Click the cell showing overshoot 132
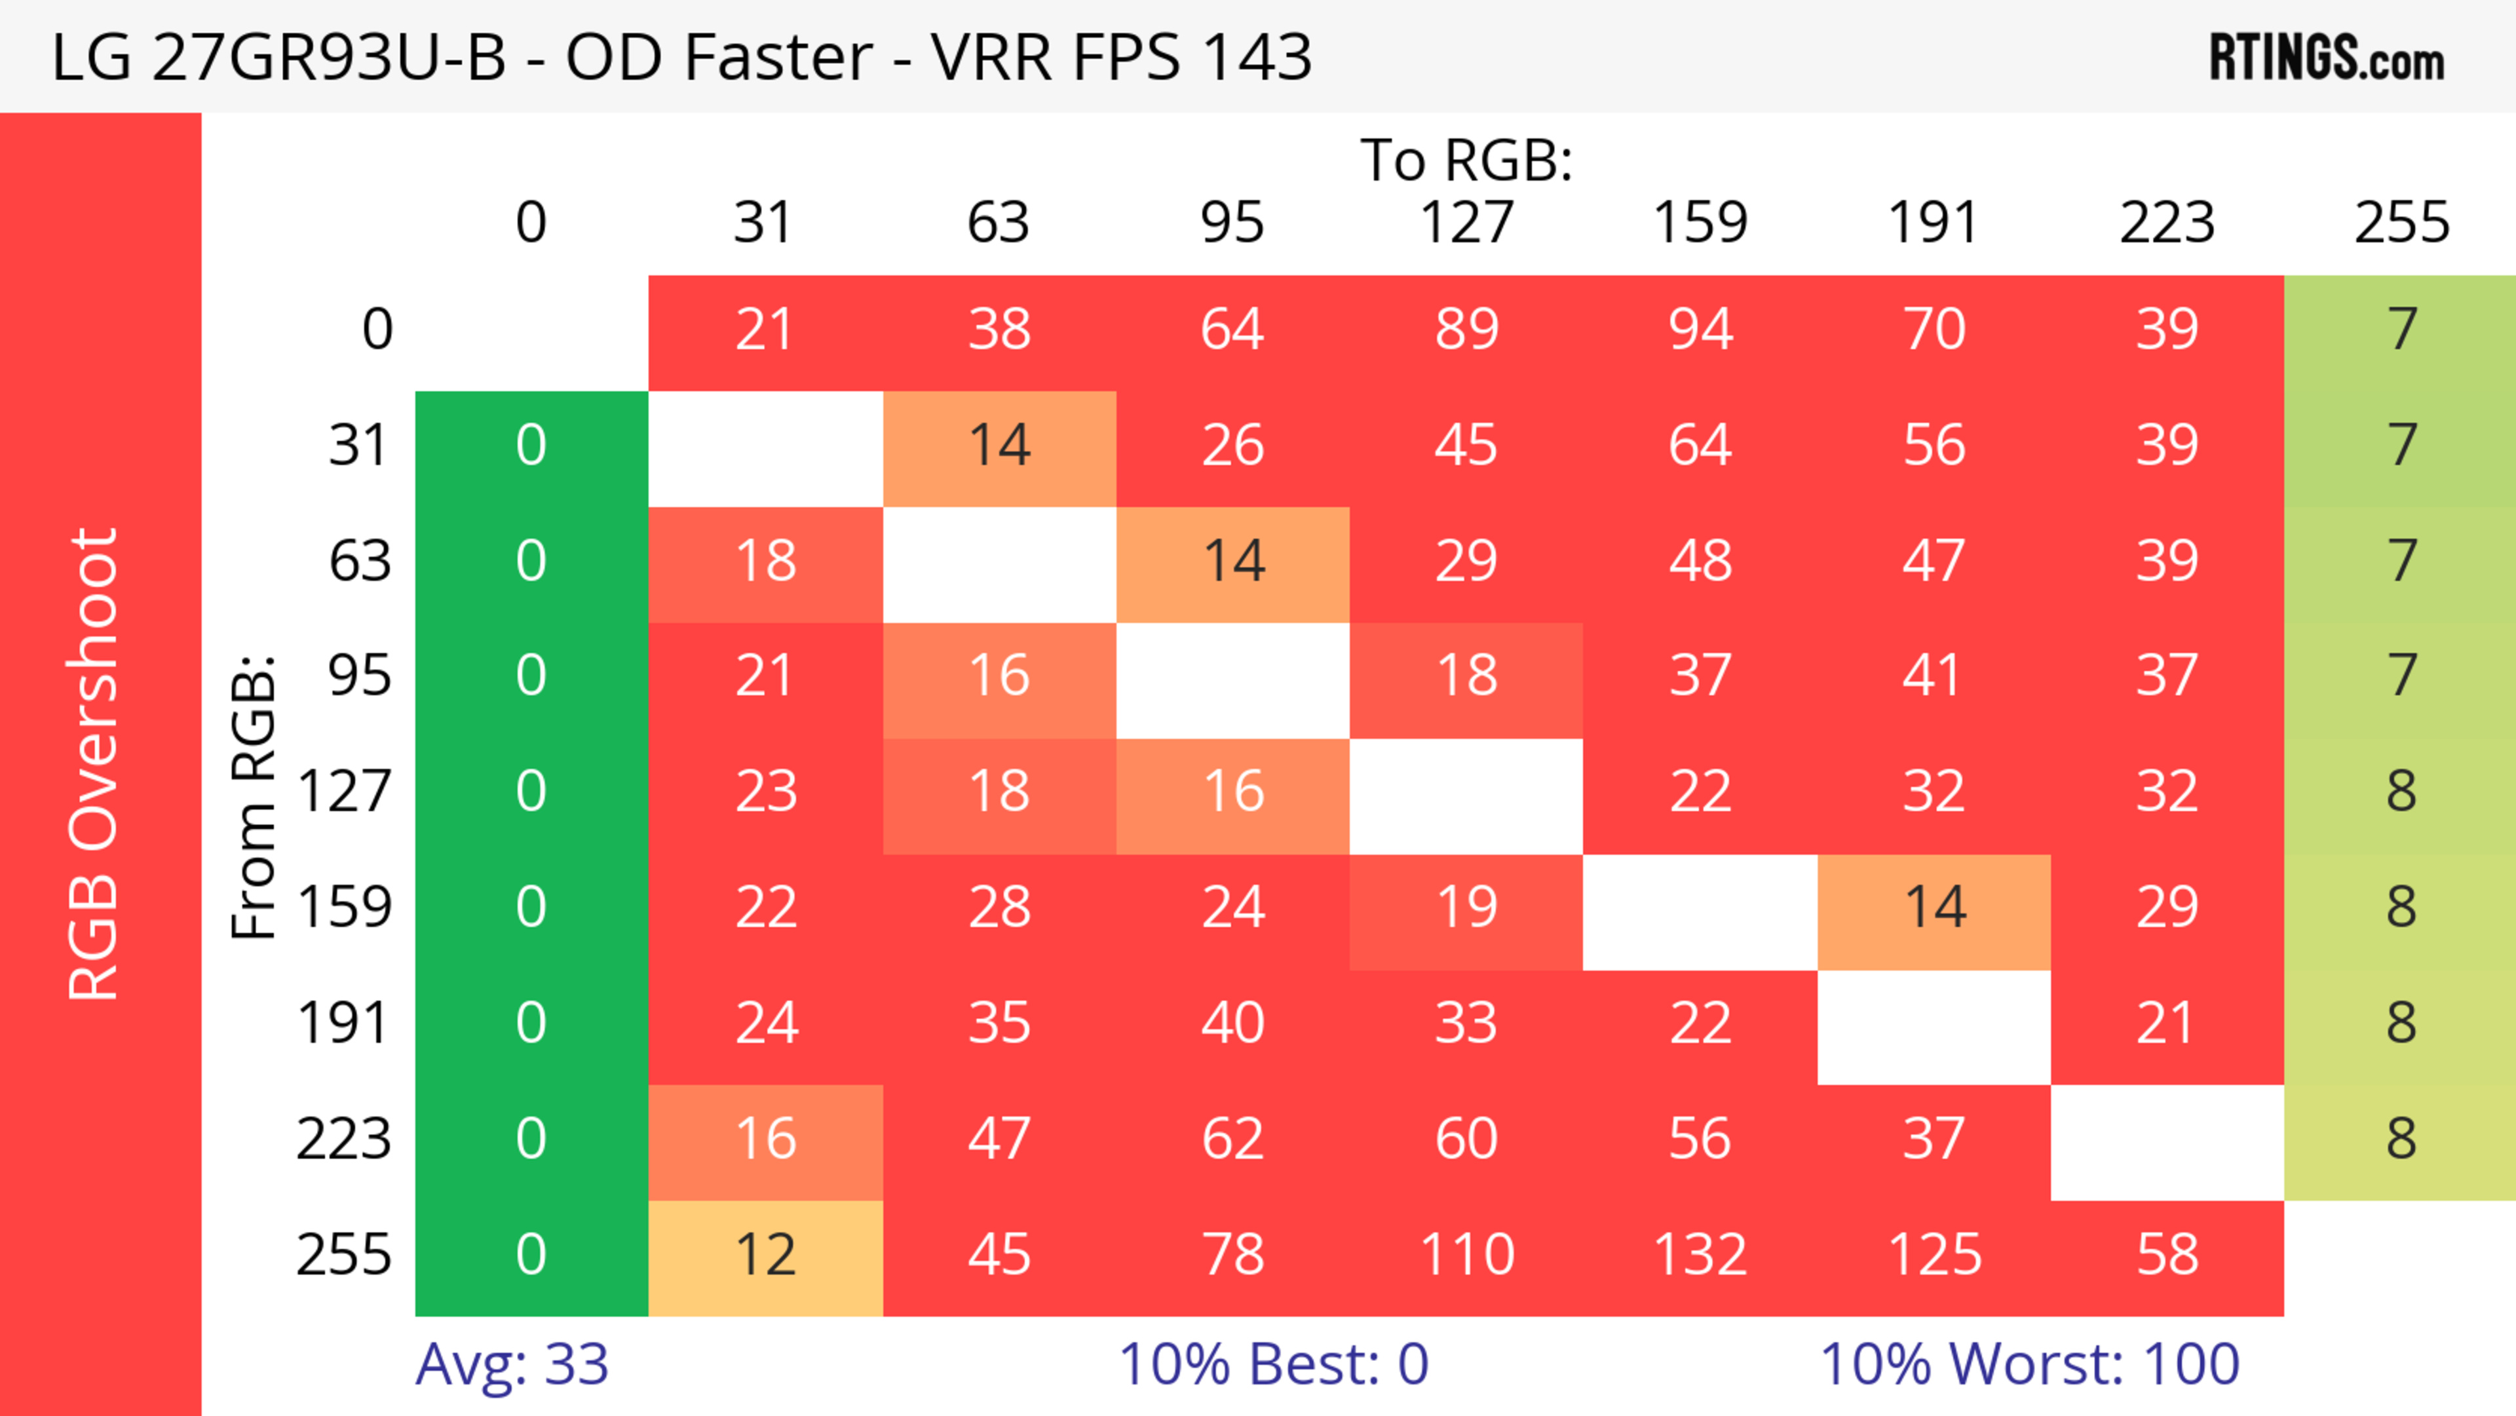1700,1256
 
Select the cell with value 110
1466,1256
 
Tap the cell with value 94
1700,330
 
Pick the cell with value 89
1466,330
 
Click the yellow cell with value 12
766,1256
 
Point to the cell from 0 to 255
2401,330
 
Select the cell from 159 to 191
1934,908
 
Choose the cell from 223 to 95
1232,1139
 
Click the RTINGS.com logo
2327,58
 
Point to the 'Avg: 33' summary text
512,1366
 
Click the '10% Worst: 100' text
2030,1366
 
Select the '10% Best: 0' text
1272,1366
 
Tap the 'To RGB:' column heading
1466,161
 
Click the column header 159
1700,223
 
